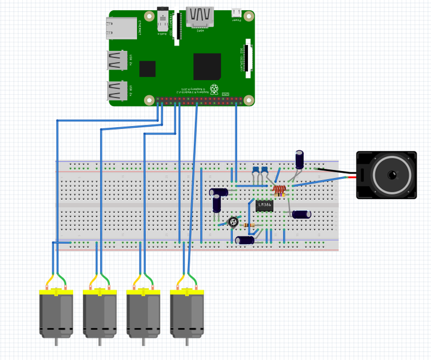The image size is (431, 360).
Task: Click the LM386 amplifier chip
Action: point(264,206)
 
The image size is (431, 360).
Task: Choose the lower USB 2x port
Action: point(117,91)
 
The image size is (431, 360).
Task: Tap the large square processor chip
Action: point(206,67)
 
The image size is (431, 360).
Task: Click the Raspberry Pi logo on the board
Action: point(214,89)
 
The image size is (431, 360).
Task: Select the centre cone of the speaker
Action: point(392,175)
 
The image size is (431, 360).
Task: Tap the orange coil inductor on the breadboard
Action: point(279,190)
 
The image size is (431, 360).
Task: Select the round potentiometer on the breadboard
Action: point(234,222)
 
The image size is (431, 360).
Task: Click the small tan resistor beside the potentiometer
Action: point(250,226)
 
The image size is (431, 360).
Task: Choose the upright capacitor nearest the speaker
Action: point(300,159)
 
